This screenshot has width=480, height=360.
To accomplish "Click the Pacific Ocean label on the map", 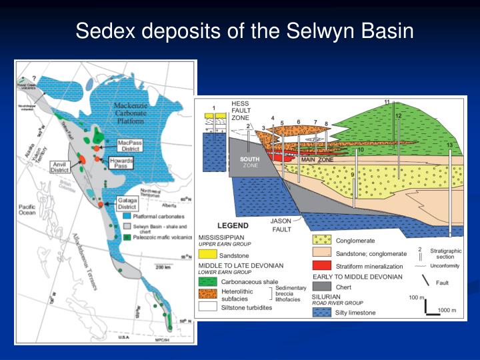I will click(x=29, y=209).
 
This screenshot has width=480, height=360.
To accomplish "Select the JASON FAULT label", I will click(x=281, y=225).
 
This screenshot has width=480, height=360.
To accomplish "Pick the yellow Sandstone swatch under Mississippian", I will click(x=208, y=254).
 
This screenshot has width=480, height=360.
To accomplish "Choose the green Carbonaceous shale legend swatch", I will click(x=208, y=281).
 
